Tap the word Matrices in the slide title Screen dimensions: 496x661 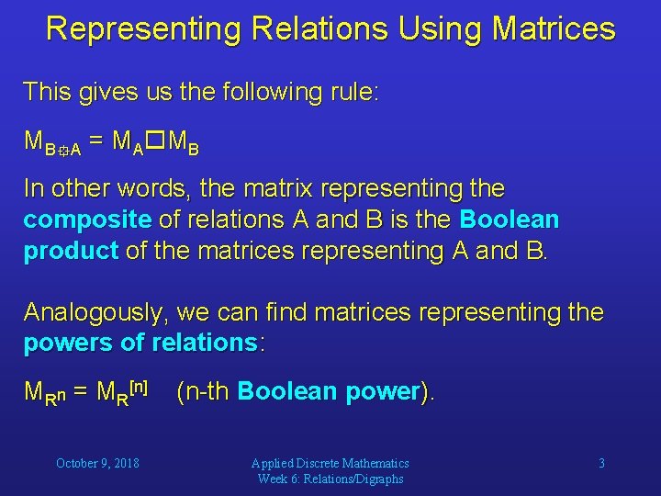coord(554,28)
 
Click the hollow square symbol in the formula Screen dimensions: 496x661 coord(155,141)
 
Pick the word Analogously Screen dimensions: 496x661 coord(95,312)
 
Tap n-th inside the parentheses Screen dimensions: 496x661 coord(206,391)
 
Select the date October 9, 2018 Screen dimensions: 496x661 coord(97,464)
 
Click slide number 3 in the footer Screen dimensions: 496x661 coord(601,464)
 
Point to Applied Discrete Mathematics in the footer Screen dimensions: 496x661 coord(330,463)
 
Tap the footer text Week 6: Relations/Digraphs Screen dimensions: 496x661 coord(330,479)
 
